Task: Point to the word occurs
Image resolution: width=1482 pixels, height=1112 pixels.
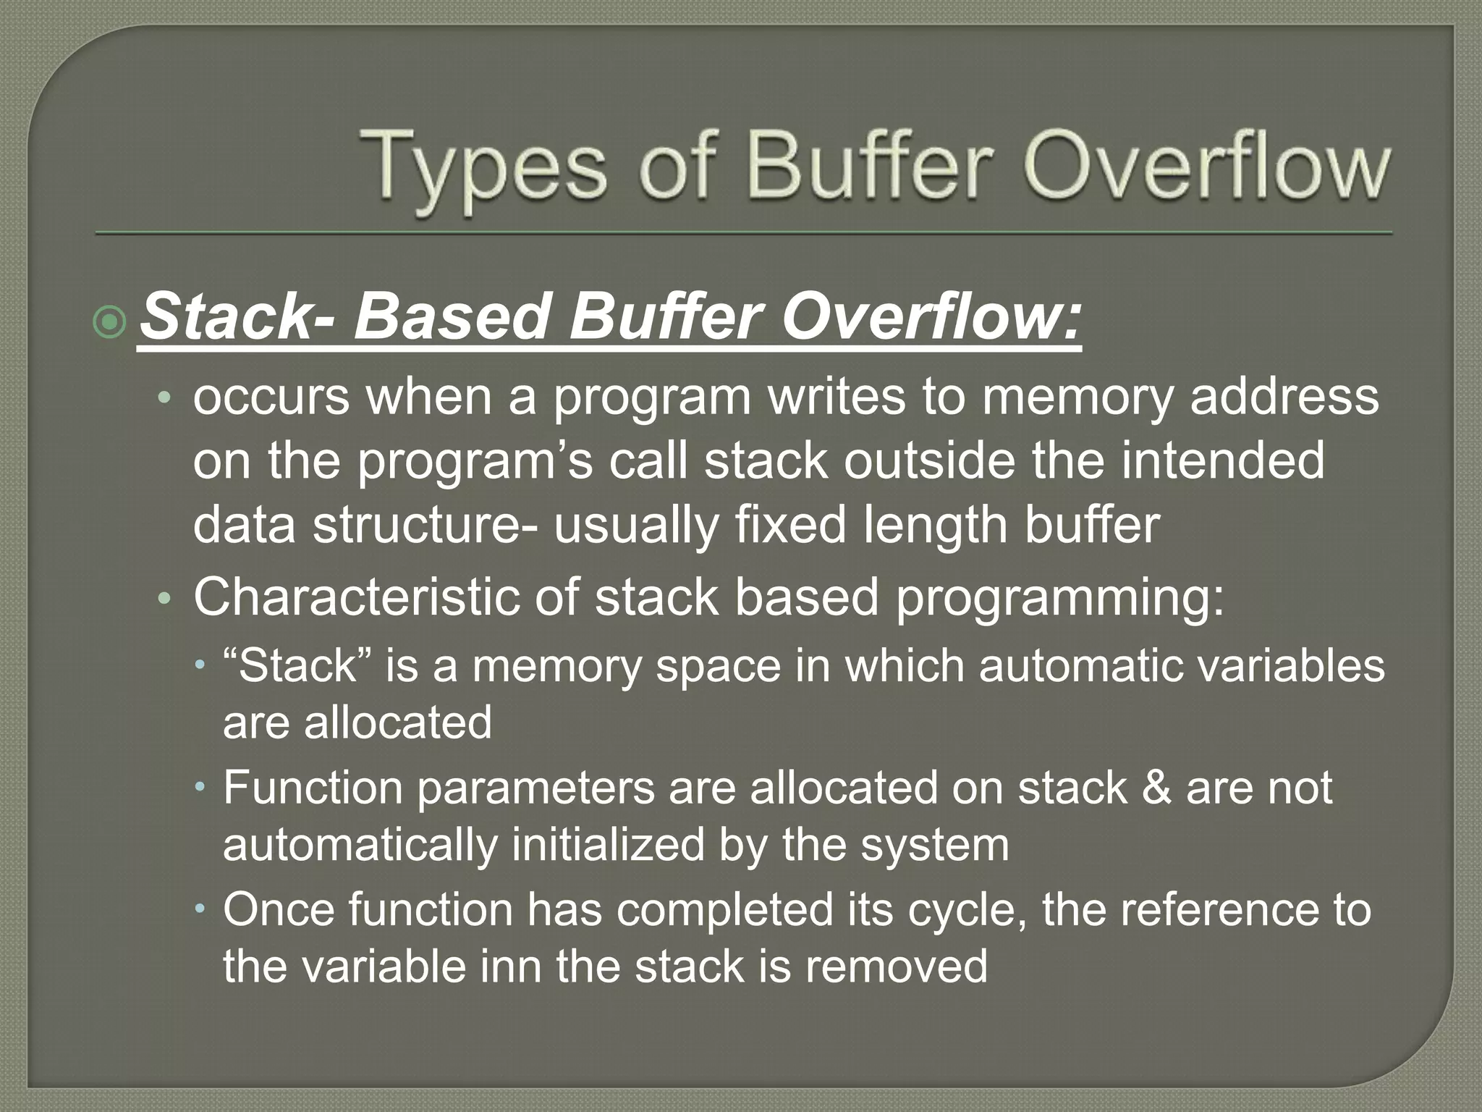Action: (x=271, y=398)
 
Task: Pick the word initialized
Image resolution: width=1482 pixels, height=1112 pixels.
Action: (x=608, y=845)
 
